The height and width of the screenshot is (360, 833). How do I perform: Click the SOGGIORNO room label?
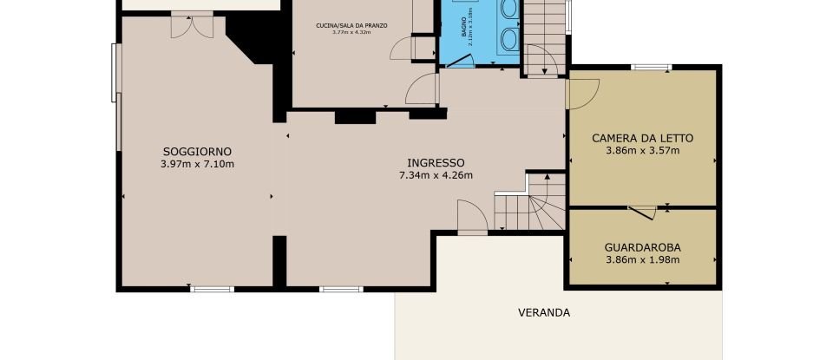click(x=196, y=151)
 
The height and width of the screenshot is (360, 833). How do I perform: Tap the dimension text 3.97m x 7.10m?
click(x=196, y=163)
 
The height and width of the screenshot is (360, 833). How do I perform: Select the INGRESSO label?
click(x=436, y=162)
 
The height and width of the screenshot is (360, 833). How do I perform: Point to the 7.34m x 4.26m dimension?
click(x=436, y=175)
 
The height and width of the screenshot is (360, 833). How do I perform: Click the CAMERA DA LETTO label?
click(x=642, y=138)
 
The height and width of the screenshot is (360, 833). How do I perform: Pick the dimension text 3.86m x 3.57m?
click(x=642, y=150)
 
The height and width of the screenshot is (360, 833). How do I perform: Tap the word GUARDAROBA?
click(x=642, y=246)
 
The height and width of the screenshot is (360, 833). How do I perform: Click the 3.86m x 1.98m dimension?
click(x=642, y=259)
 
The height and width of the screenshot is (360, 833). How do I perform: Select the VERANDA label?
click(x=544, y=313)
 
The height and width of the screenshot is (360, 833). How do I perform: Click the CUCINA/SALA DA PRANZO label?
click(x=351, y=25)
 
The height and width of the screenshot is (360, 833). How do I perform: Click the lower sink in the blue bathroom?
click(x=508, y=38)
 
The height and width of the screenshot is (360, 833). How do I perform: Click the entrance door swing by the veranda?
click(x=472, y=217)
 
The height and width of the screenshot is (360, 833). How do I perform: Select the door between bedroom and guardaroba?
click(x=641, y=211)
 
